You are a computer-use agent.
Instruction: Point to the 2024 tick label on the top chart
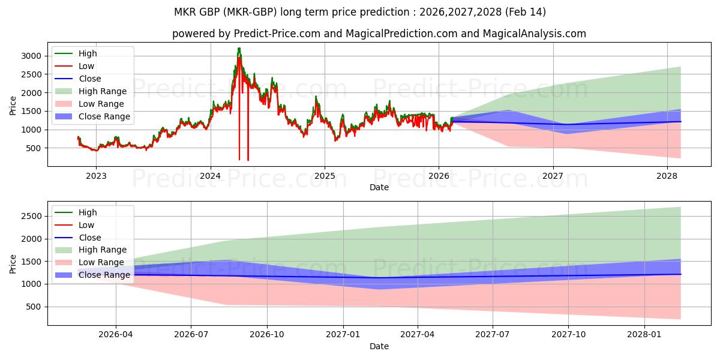pos(210,176)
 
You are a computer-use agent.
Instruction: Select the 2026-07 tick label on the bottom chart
pos(191,335)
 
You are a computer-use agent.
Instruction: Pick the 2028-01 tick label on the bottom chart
pos(644,335)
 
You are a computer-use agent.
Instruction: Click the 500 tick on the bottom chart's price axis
pos(35,307)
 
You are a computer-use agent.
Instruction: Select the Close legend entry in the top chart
pos(90,79)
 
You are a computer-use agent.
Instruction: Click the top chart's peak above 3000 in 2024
pos(239,49)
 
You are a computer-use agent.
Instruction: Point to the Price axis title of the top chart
pos(13,106)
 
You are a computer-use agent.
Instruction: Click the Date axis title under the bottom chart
pos(379,346)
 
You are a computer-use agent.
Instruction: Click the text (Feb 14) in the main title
pos(526,12)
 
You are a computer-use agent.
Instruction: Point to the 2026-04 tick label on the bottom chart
pos(116,335)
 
